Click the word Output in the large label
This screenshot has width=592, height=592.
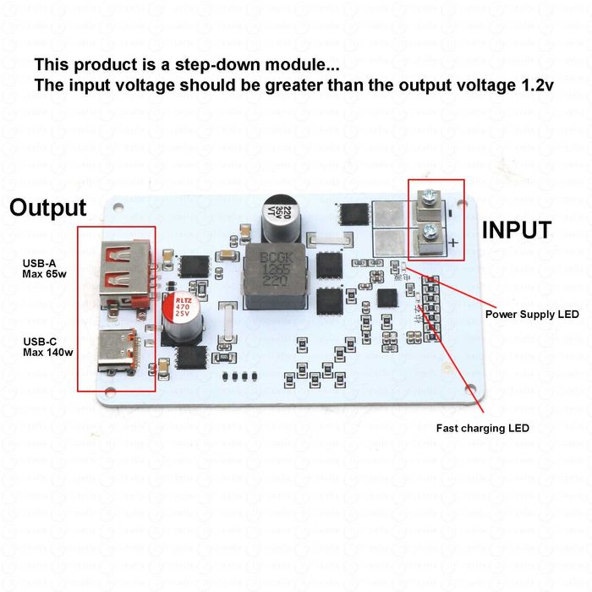tap(48, 208)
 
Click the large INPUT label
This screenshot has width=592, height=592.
tap(517, 230)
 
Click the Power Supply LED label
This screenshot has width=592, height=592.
tap(532, 315)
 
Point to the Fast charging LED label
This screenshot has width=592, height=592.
tap(483, 428)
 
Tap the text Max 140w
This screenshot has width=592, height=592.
tap(46, 352)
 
